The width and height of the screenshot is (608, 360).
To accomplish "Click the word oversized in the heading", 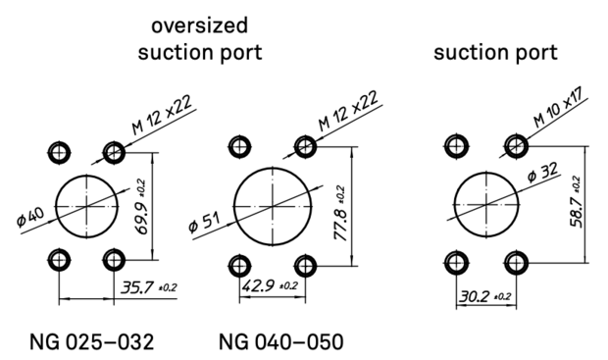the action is [x=199, y=26].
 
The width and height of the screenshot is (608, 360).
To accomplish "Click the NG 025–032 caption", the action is [x=92, y=342].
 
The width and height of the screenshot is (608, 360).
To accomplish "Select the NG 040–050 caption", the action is [x=281, y=342].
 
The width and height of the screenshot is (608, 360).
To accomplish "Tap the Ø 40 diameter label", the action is [x=30, y=217].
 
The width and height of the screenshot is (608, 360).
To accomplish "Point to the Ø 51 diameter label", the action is [x=204, y=223].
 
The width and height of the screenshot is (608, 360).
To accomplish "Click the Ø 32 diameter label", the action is [x=543, y=172].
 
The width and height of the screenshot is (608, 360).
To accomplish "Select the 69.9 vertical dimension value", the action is [x=142, y=207].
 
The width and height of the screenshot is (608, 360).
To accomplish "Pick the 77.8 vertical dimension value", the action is [x=340, y=214].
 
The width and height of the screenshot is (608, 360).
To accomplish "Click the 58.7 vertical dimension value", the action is [x=577, y=202].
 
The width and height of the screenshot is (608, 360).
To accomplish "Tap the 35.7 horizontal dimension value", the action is [x=148, y=287].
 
